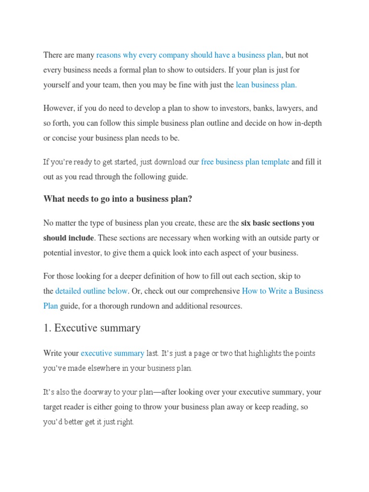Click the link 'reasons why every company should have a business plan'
[x=189, y=55]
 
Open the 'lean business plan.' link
[x=266, y=85]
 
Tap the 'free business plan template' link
[x=245, y=162]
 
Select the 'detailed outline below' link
[x=91, y=291]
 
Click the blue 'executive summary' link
[x=112, y=353]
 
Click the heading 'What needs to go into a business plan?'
[x=118, y=199]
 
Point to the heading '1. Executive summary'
[x=92, y=328]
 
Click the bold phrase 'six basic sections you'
[x=278, y=223]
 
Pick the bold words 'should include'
[x=69, y=238]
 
